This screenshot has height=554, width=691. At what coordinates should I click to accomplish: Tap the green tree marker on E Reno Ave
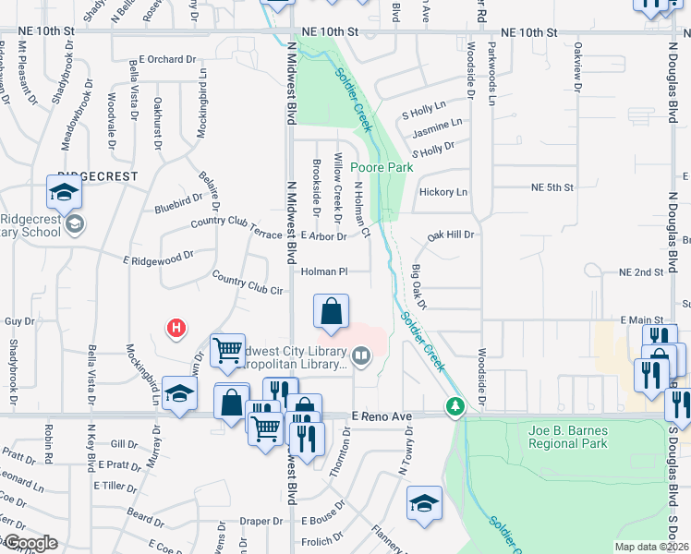[x=455, y=405]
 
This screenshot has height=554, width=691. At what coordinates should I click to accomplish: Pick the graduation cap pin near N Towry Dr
[x=424, y=503]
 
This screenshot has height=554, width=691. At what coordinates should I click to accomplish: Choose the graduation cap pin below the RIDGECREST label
[x=64, y=192]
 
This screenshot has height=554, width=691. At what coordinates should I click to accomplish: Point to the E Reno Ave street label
[x=379, y=416]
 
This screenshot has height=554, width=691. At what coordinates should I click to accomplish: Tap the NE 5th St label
[x=552, y=187]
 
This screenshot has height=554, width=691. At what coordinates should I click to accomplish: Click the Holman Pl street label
[x=323, y=271]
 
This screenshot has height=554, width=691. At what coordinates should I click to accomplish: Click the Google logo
[x=30, y=543]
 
